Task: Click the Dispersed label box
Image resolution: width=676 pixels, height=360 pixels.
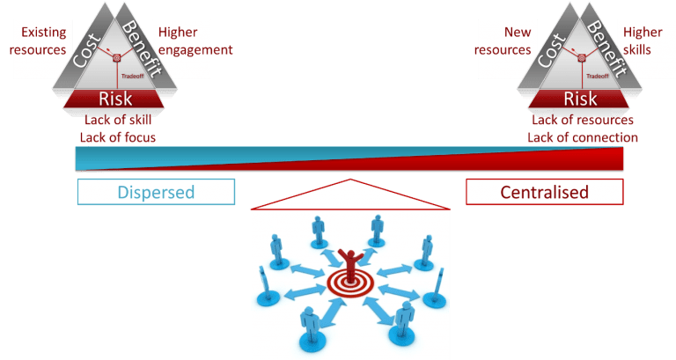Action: click(x=156, y=192)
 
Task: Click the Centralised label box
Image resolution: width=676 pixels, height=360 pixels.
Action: click(x=544, y=192)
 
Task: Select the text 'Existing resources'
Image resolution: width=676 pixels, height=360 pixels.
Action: click(x=38, y=40)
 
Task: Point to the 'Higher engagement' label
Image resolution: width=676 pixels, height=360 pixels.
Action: click(x=195, y=40)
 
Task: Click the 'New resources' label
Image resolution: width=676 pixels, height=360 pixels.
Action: click(x=503, y=40)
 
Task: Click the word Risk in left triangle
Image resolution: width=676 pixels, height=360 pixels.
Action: click(x=115, y=98)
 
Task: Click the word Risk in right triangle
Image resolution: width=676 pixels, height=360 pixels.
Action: click(x=580, y=98)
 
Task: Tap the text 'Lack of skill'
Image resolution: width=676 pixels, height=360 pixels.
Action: click(x=117, y=121)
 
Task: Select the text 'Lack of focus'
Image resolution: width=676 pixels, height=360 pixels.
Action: click(x=117, y=137)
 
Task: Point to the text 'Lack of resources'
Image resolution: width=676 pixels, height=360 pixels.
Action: click(x=583, y=121)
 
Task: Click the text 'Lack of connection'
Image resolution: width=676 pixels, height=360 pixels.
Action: click(x=583, y=137)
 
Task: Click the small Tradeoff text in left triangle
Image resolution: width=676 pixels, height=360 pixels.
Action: click(x=132, y=76)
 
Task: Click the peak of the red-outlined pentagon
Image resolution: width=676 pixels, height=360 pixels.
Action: click(x=350, y=180)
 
